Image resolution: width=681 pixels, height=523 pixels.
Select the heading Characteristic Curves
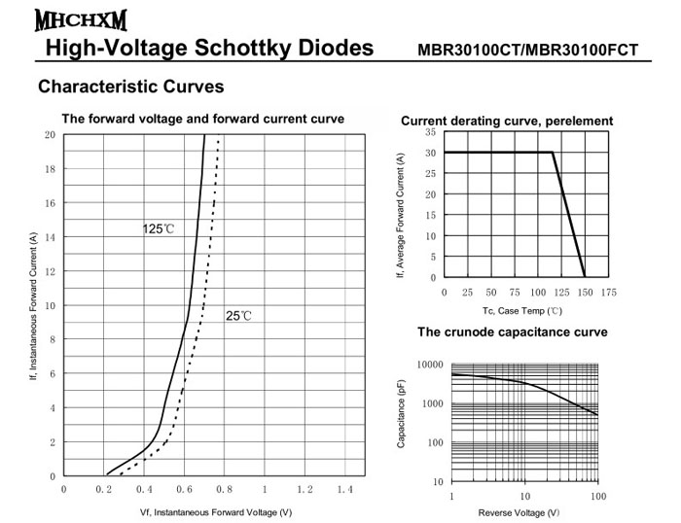[x=130, y=87]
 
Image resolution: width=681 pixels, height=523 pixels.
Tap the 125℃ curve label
[x=158, y=229]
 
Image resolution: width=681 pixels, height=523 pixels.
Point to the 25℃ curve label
[x=238, y=316]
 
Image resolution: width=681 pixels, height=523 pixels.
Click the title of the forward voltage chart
[x=202, y=120]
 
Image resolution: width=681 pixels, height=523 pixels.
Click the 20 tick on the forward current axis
[x=49, y=135]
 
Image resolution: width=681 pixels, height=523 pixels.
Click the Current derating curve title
[x=507, y=122]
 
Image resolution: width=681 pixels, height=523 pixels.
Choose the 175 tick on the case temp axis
[x=609, y=292]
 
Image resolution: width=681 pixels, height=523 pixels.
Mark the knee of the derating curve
[x=553, y=153]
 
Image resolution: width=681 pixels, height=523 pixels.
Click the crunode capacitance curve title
[x=513, y=332]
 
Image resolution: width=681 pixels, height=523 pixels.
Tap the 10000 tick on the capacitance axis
[x=429, y=366]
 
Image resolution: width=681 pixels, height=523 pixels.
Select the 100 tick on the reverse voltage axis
[x=597, y=496]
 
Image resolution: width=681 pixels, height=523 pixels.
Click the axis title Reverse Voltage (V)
[x=523, y=512]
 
